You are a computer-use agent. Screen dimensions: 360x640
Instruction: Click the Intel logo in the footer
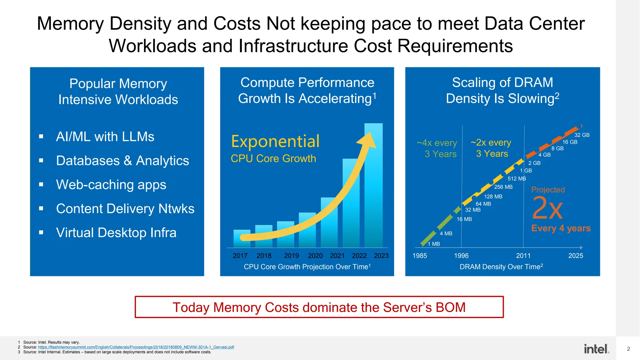(596, 349)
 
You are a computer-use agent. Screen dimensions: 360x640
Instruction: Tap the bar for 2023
(373, 187)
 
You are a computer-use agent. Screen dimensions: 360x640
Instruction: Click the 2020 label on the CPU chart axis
(315, 256)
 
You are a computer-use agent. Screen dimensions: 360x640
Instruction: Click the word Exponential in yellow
(275, 141)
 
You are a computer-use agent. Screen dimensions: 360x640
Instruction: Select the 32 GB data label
(582, 135)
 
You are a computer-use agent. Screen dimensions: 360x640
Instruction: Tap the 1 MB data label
(433, 244)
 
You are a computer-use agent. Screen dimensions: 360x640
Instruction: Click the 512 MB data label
(517, 179)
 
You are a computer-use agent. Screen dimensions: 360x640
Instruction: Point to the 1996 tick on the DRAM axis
(461, 256)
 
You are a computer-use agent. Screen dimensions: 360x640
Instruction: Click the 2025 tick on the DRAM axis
(575, 256)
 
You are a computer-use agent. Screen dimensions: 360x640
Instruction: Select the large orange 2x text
(547, 208)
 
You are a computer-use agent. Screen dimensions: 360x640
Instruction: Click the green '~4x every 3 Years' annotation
(437, 148)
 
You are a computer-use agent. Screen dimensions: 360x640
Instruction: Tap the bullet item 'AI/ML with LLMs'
(105, 137)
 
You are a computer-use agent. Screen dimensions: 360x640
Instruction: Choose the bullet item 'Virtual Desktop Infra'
(116, 233)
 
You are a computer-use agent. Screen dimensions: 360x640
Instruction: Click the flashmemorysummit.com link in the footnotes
(136, 347)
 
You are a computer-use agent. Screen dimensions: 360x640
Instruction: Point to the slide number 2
(628, 349)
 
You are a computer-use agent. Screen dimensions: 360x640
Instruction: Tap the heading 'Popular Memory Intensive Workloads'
(118, 92)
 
